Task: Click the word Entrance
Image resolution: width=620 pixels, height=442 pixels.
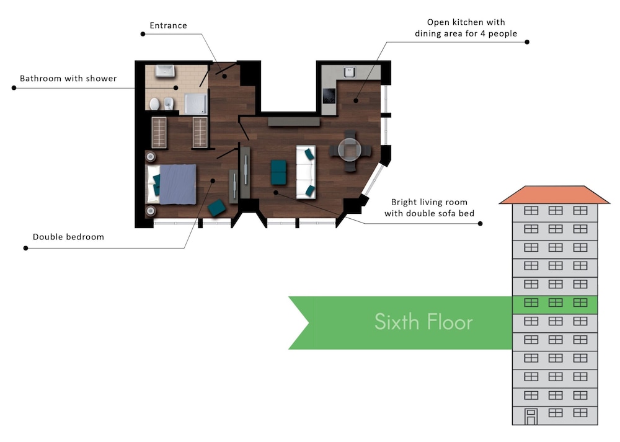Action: pos(168,25)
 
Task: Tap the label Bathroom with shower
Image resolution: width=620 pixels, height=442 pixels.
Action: pos(68,78)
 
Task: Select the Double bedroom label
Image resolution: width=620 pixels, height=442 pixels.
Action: pos(68,237)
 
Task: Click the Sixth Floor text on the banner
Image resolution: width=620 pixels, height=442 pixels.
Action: pos(423,322)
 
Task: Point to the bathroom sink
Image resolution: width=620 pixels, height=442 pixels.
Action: pos(165,71)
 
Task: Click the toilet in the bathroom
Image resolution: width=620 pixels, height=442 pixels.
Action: pos(154,104)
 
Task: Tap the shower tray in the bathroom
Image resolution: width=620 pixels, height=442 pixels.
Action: pos(195,104)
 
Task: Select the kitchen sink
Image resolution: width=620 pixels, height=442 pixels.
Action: pos(349,73)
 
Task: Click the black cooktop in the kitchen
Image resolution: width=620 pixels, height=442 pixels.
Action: pos(329,95)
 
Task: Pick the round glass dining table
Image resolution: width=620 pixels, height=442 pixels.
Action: pos(350,150)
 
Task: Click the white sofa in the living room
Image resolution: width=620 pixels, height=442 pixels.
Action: pos(306,172)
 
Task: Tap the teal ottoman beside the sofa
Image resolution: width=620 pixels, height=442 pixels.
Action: pos(278,172)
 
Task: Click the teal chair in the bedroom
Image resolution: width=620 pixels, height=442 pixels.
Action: pos(216,208)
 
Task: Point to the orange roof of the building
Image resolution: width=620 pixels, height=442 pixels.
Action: pos(554,195)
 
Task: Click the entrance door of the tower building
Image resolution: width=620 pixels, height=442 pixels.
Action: pos(531,417)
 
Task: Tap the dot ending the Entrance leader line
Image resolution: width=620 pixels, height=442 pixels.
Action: pos(143,34)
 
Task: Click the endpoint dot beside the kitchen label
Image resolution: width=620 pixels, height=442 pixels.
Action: pos(526,42)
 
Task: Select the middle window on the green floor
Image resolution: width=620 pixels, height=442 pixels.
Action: pos(556,303)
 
